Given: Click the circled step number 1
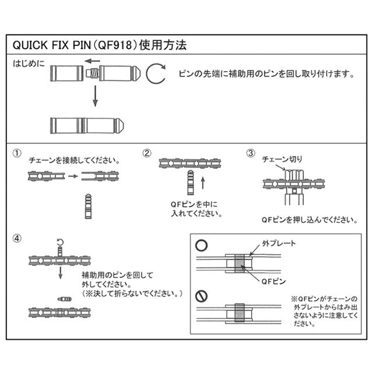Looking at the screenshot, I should coord(18,153).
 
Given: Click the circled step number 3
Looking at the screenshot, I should coord(251,153).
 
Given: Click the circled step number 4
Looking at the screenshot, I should coord(18,238).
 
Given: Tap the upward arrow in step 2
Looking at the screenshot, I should coord(203,184).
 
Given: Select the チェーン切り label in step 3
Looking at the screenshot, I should coord(282,159).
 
